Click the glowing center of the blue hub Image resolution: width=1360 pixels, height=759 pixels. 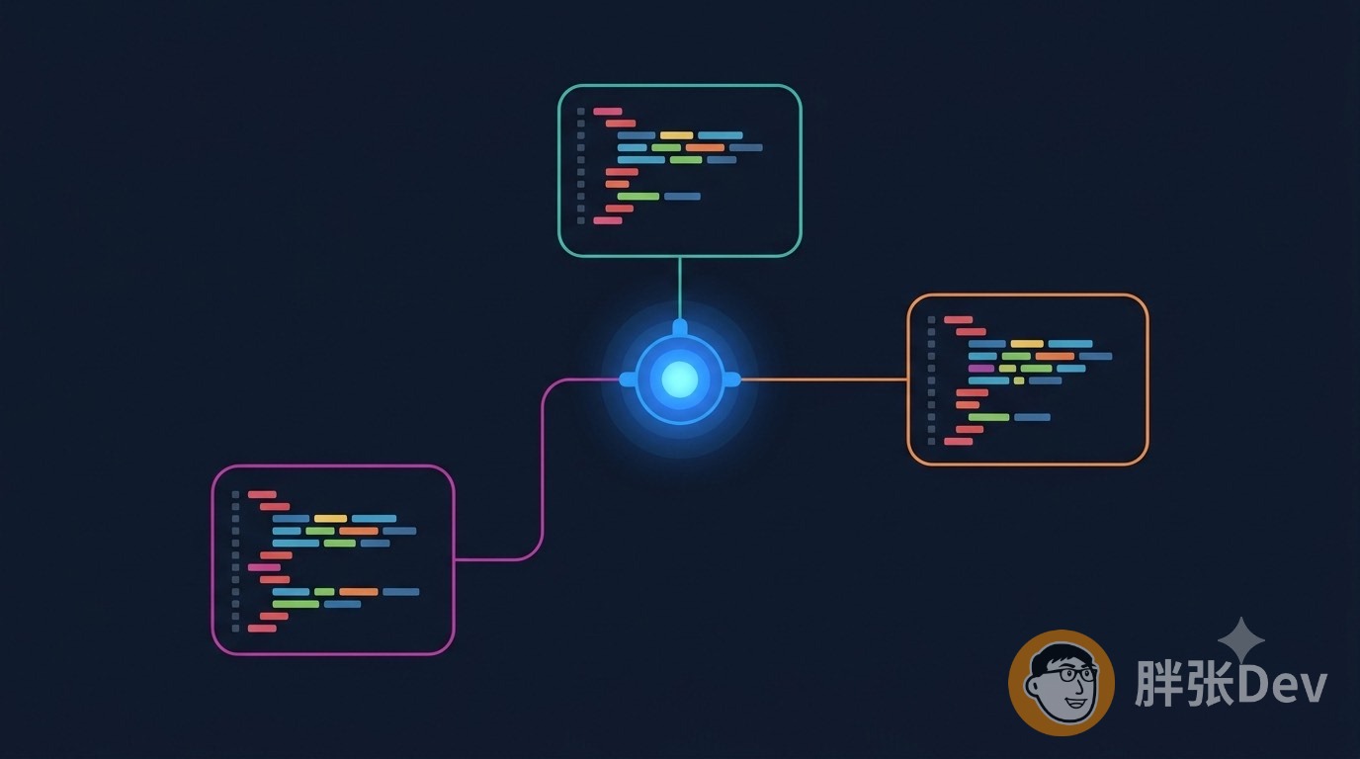679,379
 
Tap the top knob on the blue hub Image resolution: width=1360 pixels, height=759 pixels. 680,327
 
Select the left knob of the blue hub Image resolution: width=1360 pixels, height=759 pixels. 628,379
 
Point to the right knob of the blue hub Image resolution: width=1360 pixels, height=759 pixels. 732,379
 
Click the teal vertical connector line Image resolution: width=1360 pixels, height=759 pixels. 679,289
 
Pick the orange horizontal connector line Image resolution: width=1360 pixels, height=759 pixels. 824,380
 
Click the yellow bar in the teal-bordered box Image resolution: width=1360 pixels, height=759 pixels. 676,135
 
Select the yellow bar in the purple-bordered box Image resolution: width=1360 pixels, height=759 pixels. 330,519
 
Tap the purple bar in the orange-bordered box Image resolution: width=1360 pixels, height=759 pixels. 981,368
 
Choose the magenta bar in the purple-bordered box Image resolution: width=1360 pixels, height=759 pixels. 264,567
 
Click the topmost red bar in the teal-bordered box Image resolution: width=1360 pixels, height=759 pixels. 608,111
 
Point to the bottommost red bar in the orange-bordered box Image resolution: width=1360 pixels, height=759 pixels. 958,442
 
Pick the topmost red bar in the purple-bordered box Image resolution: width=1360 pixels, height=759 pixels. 262,494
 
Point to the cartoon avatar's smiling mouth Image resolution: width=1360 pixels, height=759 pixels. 1076,703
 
